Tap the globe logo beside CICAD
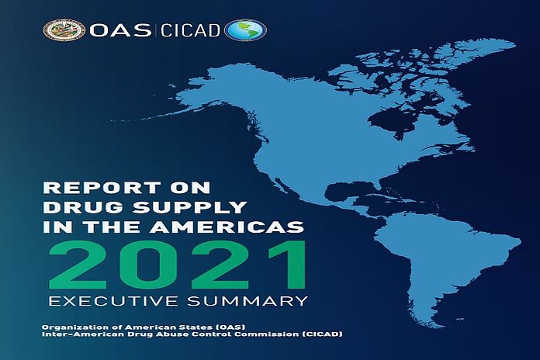tap(245, 30)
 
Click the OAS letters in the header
tap(120, 30)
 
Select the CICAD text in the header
tap(190, 30)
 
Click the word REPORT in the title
tap(101, 188)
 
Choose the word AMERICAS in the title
tap(227, 227)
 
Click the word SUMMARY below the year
tap(247, 301)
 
